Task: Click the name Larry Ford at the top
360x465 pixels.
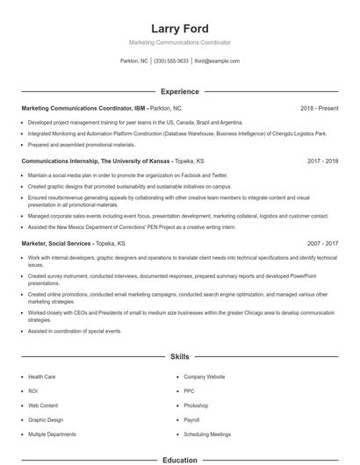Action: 179,28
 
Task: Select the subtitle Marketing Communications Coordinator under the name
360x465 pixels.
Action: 179,42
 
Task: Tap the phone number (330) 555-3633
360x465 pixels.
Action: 171,61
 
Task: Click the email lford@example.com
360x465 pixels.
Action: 216,61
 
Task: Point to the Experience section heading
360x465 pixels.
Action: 179,91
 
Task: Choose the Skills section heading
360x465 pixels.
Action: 179,357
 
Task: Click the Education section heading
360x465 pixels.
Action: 179,459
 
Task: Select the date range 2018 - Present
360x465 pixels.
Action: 320,108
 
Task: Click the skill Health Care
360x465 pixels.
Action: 41,376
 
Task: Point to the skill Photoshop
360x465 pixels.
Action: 196,405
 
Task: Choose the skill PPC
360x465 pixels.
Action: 189,390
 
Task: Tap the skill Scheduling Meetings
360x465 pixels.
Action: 207,434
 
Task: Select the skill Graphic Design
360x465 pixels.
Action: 45,419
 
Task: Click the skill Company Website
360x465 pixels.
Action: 205,376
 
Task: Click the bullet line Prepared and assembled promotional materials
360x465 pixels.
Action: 81,144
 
